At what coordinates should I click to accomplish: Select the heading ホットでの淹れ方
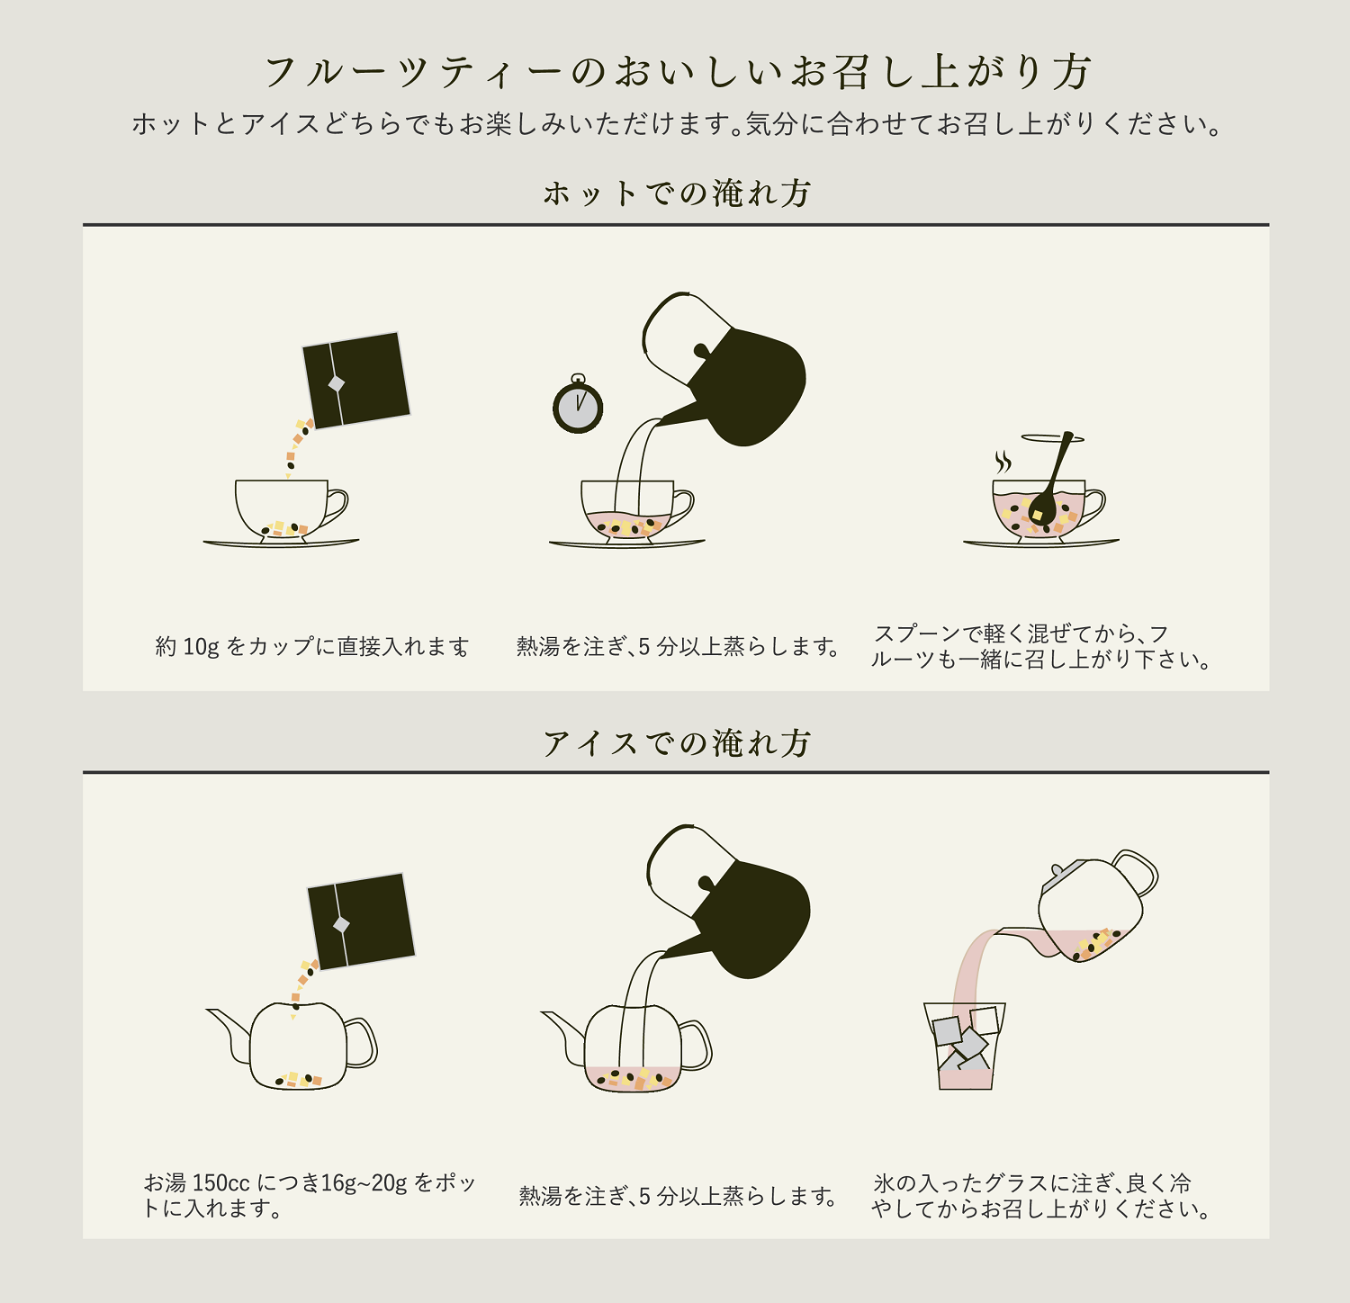tap(677, 193)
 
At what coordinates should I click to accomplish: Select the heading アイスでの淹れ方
tap(677, 743)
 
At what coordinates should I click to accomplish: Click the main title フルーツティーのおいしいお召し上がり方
tap(677, 72)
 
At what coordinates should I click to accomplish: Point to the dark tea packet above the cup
tap(356, 380)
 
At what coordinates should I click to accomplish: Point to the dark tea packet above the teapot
tap(361, 921)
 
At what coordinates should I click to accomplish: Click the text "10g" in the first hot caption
tap(201, 647)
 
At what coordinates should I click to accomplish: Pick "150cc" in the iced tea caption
tap(221, 1183)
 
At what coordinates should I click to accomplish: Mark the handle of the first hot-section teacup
tap(337, 508)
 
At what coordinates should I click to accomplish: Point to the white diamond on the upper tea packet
tap(337, 384)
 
